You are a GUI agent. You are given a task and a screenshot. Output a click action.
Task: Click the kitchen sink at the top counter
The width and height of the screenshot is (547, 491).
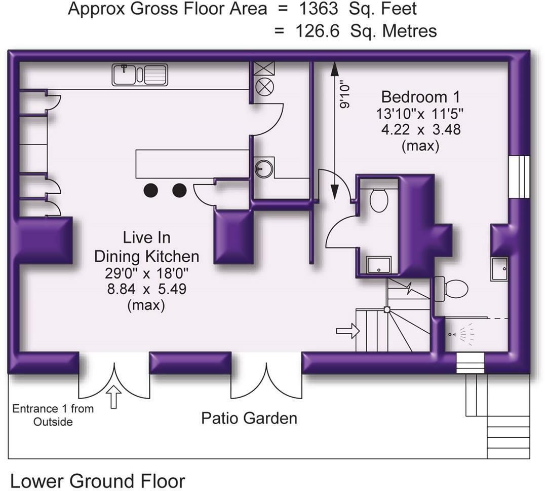coord(140,75)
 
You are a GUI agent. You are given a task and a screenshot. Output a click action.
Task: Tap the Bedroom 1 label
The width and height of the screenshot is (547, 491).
coord(420,97)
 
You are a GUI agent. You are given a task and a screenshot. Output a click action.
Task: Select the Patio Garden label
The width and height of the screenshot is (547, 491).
coord(249,418)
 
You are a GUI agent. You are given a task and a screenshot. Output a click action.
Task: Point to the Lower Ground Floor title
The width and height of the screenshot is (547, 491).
coord(98,481)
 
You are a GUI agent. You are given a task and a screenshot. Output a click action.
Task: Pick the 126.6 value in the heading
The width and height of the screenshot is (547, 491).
coord(318,31)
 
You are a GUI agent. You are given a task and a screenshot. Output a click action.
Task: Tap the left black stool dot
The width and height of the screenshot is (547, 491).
coord(151,190)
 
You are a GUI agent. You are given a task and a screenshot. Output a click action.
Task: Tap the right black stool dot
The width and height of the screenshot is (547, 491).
coord(179,190)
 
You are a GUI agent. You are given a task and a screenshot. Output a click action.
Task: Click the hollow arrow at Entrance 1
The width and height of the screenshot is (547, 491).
coord(114,396)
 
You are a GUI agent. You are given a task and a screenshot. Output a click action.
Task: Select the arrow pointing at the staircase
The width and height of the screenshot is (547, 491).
coord(348,331)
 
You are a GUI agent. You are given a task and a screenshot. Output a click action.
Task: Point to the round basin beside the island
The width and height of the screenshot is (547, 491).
coord(264,168)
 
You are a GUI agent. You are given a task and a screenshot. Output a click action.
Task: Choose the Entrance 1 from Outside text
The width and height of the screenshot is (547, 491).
coord(53,415)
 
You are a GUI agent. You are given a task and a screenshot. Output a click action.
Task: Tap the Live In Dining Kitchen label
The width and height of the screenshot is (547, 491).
coord(147,247)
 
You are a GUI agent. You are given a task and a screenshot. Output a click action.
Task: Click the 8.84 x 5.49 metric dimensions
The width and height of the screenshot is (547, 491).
coord(147,289)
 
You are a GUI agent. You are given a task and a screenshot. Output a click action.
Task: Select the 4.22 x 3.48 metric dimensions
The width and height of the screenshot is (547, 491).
coord(421,130)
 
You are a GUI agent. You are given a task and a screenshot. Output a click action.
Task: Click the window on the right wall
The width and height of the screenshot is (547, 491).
coord(519,177)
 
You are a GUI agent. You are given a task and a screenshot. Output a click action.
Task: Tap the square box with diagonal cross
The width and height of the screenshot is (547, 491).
coord(264,68)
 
